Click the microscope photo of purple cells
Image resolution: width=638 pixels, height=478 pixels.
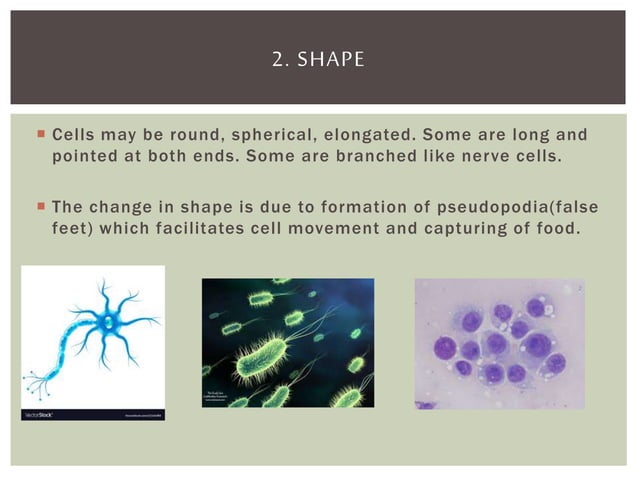(x=500, y=343)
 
